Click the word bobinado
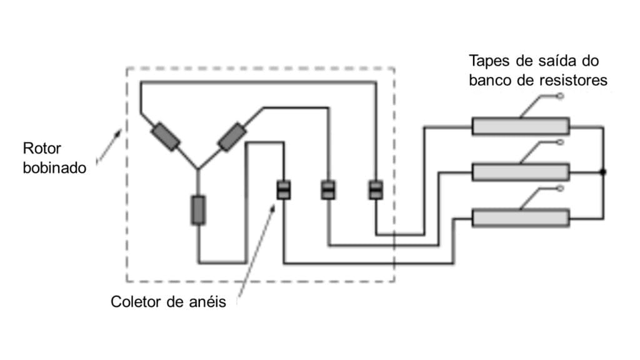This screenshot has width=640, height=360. tap(54, 167)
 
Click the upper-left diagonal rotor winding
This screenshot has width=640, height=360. tap(166, 137)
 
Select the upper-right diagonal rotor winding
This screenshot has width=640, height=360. tap(232, 137)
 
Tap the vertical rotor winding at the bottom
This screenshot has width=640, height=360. tap(197, 209)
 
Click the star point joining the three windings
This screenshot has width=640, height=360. tap(197, 169)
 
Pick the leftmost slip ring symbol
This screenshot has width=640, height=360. tap(284, 189)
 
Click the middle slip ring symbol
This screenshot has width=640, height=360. tap(328, 189)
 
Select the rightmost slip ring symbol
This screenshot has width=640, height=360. tap(375, 189)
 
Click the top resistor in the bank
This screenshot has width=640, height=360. tap(520, 126)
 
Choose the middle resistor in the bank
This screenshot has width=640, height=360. tap(520, 172)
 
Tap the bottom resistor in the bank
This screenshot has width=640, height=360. tap(520, 217)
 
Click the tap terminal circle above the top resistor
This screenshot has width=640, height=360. tap(560, 96)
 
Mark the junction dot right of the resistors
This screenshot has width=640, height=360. tap(603, 172)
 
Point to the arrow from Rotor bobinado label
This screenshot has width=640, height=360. tap(110, 146)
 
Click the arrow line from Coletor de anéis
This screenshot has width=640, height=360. tap(256, 250)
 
